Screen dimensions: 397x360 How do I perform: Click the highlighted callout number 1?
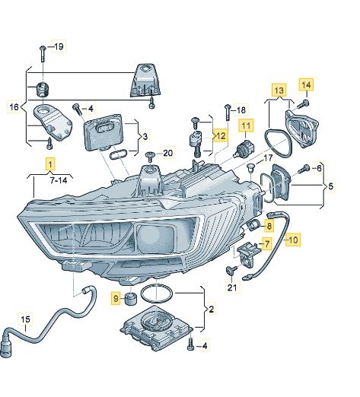[x=50, y=164]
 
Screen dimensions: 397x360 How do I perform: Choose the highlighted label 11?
[x=247, y=125]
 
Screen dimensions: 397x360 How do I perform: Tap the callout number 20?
[x=168, y=153]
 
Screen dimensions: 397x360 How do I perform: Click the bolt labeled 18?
[x=227, y=114]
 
